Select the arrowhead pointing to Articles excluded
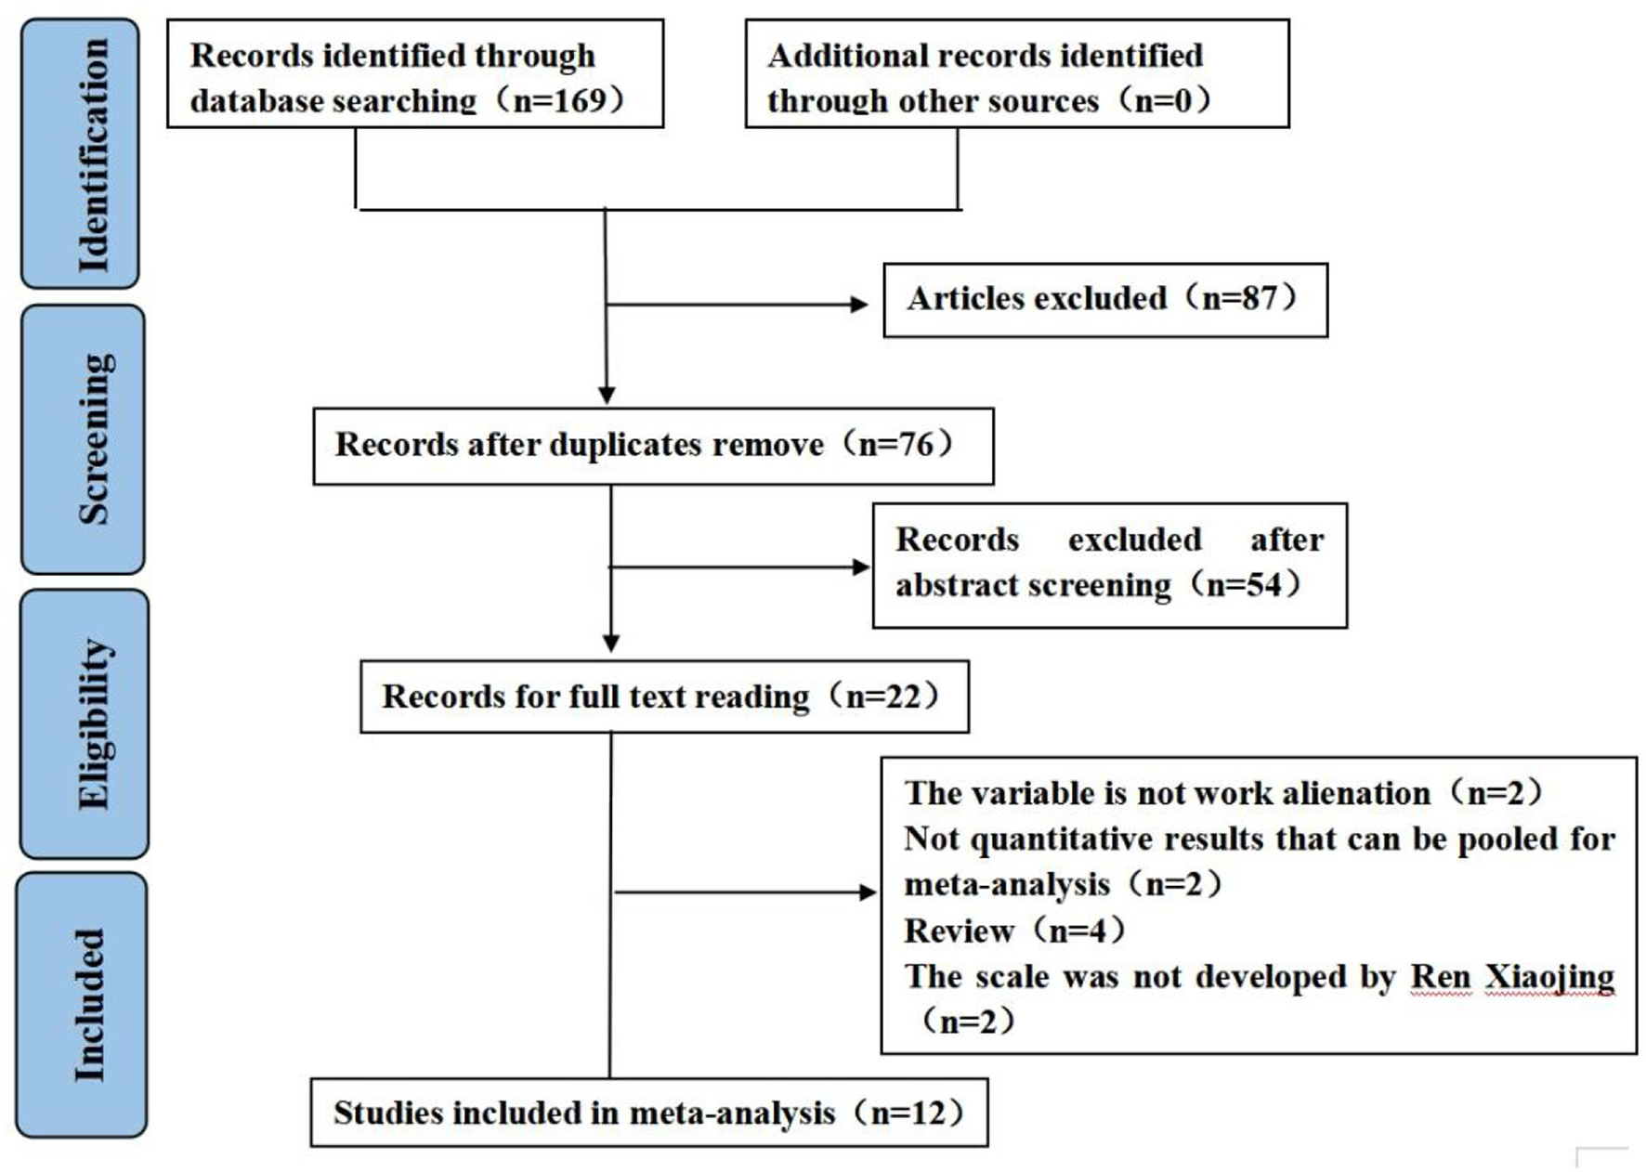point(859,304)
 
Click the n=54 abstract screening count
point(1244,585)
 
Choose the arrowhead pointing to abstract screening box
point(861,566)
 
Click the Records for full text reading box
point(663,697)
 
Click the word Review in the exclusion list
point(959,931)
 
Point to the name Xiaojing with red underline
point(1549,977)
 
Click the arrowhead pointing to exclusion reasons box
point(869,892)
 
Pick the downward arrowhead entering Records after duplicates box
point(607,396)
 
